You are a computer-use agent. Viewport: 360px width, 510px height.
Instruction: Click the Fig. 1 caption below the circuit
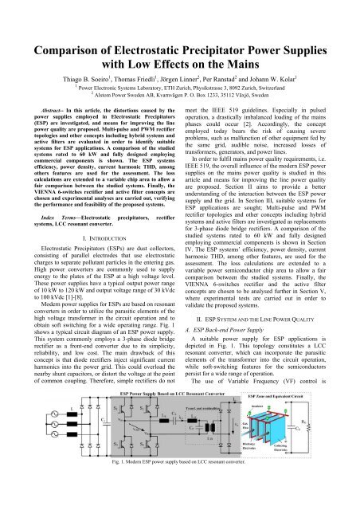tap(180, 503)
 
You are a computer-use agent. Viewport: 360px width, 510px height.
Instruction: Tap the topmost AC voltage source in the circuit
tap(20, 449)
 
